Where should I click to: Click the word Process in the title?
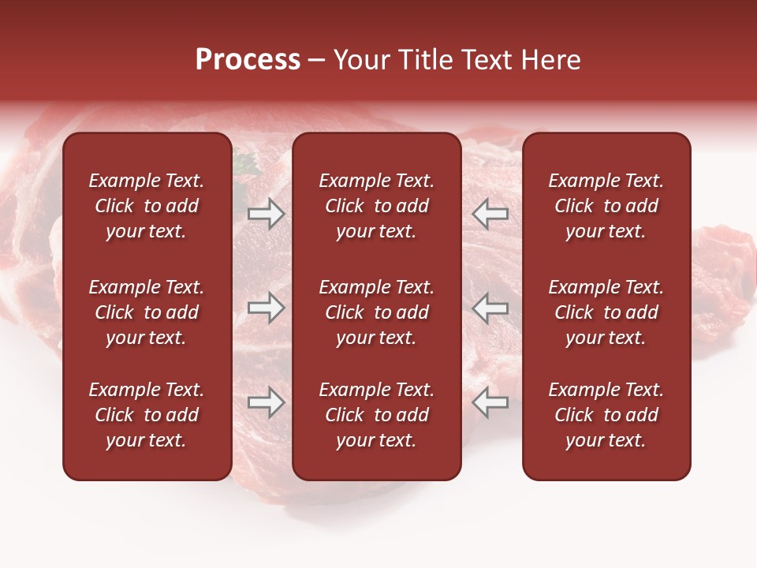coord(248,60)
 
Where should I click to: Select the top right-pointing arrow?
coord(267,214)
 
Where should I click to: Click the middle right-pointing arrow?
coord(267,308)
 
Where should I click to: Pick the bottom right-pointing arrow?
coord(267,403)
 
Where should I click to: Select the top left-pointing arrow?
coord(490,214)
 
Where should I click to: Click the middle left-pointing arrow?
coord(490,308)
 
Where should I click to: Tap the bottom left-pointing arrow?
coord(490,403)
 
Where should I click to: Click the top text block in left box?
coord(147,206)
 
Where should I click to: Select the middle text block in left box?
coord(147,312)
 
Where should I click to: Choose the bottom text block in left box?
coord(147,415)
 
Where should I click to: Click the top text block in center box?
coord(377,206)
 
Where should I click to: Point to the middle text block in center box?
coord(377,312)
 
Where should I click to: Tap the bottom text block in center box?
coord(377,415)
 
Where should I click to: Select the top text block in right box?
coord(606,206)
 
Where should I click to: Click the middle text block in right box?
coord(606,312)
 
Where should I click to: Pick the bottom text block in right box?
coord(606,415)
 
